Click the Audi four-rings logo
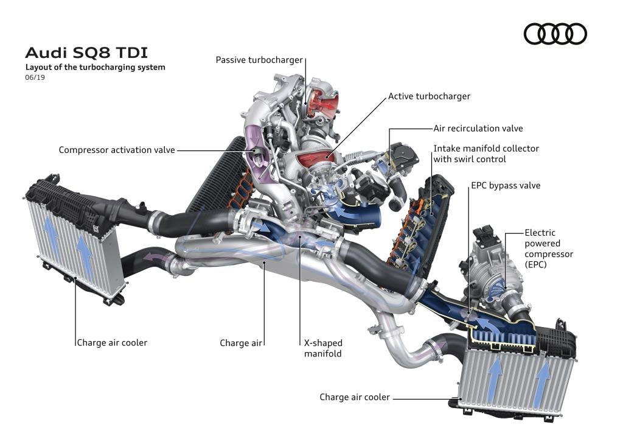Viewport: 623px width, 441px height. coord(555,34)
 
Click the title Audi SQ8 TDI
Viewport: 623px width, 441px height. coord(86,52)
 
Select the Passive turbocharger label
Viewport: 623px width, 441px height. coord(259,60)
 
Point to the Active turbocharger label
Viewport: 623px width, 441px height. coord(429,96)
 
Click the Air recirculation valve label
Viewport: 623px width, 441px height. coord(478,129)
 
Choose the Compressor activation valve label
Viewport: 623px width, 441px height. coord(117,149)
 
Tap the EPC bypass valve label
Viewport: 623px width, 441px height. coord(505,185)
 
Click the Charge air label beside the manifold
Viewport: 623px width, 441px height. coord(241,343)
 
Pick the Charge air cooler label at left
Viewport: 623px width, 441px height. coord(112,342)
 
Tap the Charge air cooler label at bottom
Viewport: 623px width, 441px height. coord(355,397)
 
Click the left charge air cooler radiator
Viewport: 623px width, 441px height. coord(73,244)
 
